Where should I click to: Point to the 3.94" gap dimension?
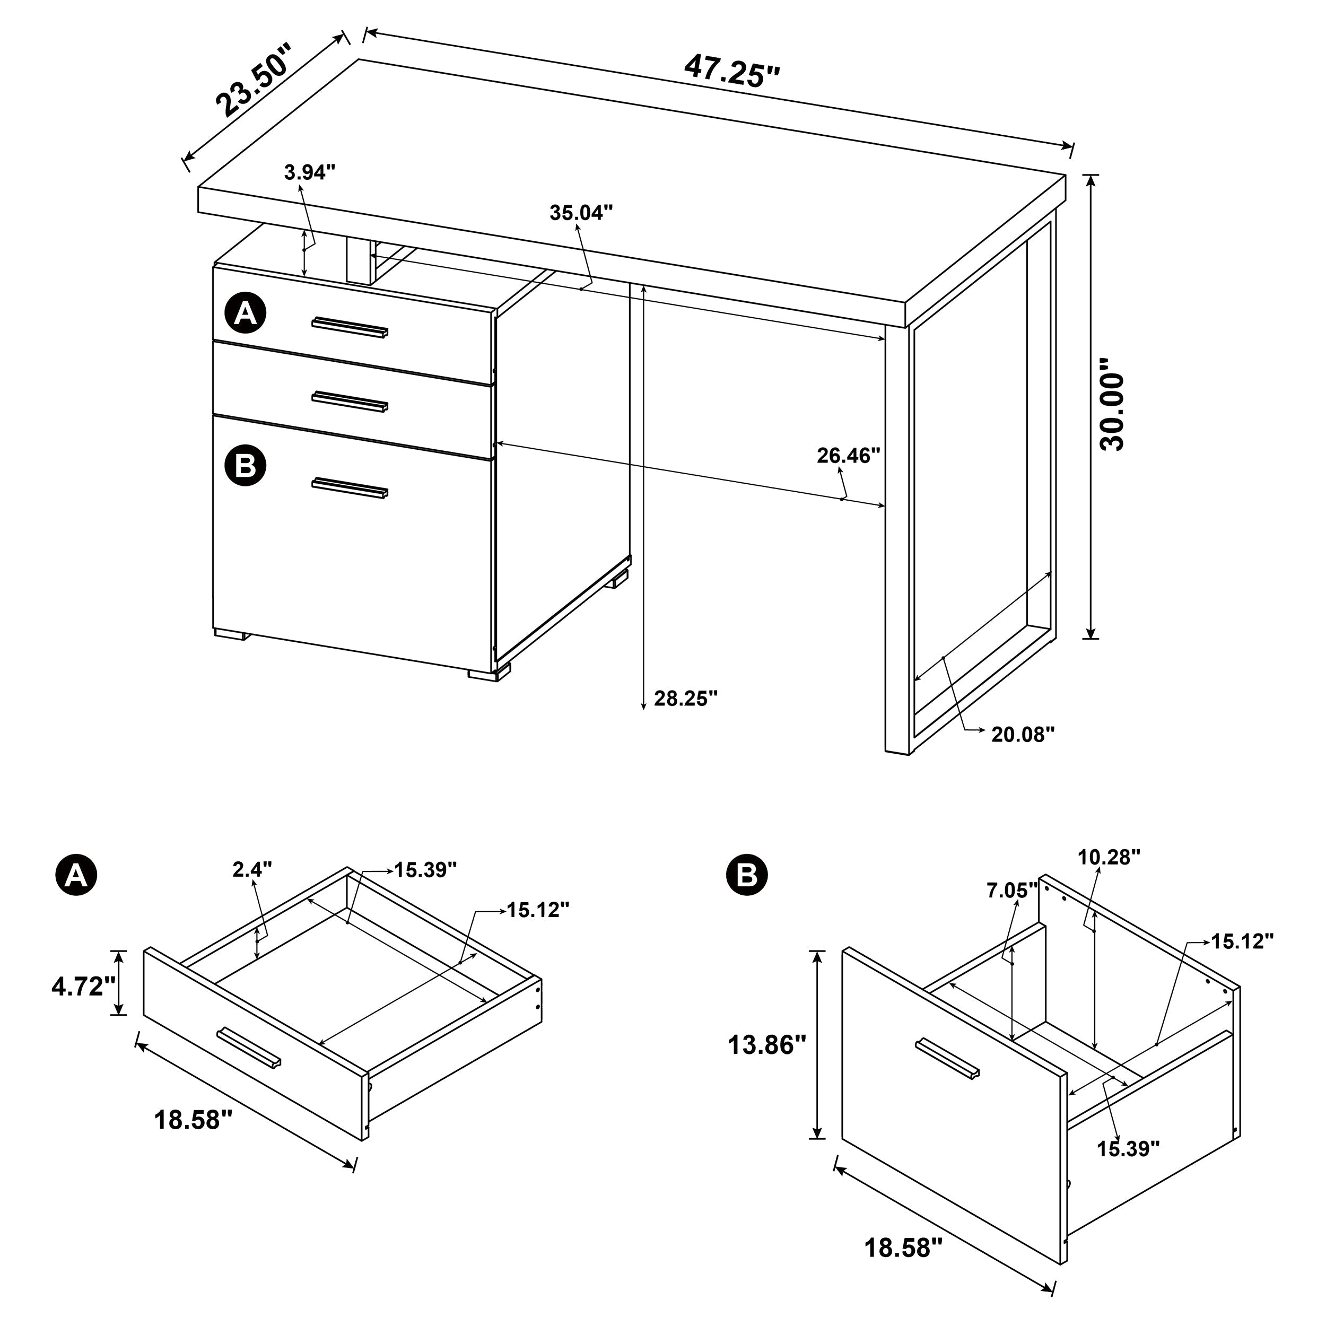click(310, 171)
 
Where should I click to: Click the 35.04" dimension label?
click(581, 213)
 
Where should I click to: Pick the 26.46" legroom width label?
click(848, 455)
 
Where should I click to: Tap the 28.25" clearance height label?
click(686, 699)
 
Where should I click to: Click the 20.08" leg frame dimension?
click(1023, 735)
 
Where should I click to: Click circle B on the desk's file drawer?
click(245, 465)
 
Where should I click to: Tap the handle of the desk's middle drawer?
click(350, 402)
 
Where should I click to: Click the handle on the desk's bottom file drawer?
click(350, 488)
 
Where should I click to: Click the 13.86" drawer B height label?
click(766, 1046)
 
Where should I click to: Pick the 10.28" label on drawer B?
click(1109, 857)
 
